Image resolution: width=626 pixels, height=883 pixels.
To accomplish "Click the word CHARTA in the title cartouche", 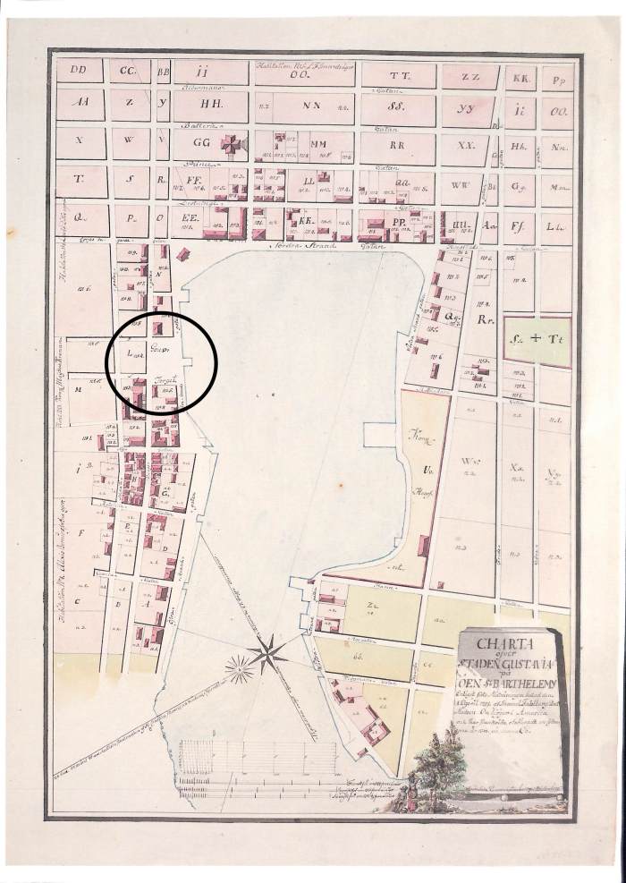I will [x=505, y=641].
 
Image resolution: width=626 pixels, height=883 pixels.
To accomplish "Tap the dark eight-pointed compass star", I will [x=268, y=654].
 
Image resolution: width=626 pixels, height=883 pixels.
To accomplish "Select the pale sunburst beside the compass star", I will [x=240, y=666].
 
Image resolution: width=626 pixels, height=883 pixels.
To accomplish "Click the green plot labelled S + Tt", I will [x=535, y=342].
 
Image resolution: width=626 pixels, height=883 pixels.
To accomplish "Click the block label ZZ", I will [x=471, y=76].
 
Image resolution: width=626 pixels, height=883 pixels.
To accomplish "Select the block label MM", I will [x=317, y=143].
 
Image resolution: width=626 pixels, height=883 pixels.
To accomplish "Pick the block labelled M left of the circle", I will [x=78, y=389].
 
